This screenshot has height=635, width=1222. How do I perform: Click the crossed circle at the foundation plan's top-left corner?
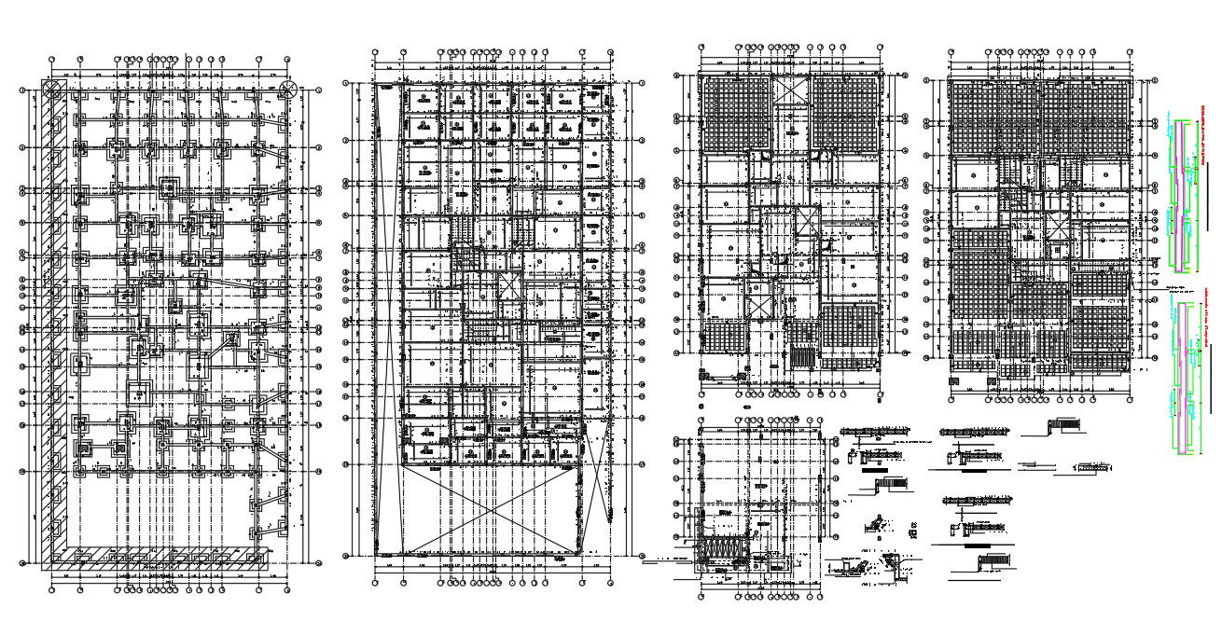(x=53, y=90)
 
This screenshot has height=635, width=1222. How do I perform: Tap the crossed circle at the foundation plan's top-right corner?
(x=289, y=90)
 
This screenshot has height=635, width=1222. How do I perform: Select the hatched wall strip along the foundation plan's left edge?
(x=59, y=317)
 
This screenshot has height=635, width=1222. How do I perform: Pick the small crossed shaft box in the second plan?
(x=508, y=286)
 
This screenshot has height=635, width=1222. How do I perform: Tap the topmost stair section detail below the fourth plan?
(x=1062, y=426)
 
